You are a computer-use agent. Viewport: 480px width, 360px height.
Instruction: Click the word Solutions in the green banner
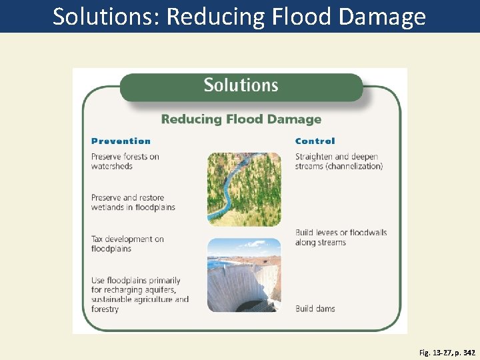(x=241, y=85)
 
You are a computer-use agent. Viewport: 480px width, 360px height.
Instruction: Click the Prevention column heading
(x=121, y=141)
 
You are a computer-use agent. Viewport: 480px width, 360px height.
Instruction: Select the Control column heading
(x=315, y=141)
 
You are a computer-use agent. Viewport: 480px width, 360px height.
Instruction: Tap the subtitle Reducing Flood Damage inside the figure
(x=241, y=119)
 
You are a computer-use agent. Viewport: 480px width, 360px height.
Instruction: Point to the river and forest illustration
(x=244, y=189)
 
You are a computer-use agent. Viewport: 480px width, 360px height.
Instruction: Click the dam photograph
(x=244, y=275)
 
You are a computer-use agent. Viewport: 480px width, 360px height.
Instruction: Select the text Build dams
(x=315, y=309)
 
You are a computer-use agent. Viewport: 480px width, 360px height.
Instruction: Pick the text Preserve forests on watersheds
(x=125, y=161)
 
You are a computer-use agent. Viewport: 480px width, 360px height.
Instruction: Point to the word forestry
(x=105, y=309)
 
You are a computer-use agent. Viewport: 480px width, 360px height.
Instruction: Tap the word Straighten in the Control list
(x=315, y=157)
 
